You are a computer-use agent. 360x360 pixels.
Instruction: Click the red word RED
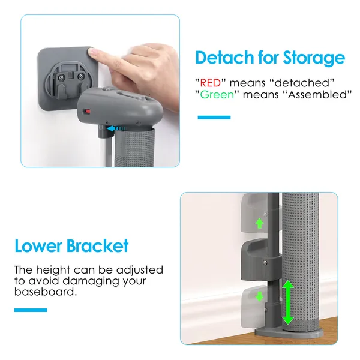(x=211, y=83)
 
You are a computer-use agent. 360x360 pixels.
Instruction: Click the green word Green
(x=217, y=95)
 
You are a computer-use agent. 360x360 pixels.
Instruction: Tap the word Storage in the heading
(x=314, y=58)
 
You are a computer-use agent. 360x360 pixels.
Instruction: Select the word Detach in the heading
(x=225, y=57)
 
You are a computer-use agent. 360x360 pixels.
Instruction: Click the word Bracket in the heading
(x=98, y=245)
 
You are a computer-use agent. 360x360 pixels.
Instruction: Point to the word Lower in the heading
(x=38, y=246)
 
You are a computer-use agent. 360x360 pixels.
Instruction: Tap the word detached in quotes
(x=302, y=83)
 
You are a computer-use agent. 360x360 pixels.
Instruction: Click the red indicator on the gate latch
(x=87, y=112)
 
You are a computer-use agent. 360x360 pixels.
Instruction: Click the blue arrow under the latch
(x=116, y=128)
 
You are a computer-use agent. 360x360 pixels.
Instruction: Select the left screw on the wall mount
(x=61, y=77)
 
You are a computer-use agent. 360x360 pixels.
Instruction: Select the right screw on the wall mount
(x=80, y=76)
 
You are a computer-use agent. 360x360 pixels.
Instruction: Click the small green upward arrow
(x=259, y=223)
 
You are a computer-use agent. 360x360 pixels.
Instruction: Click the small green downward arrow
(x=259, y=296)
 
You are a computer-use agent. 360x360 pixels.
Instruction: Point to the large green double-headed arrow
(x=288, y=302)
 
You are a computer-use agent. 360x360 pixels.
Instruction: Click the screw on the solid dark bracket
(x=265, y=262)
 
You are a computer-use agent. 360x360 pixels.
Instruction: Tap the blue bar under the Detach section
(x=214, y=118)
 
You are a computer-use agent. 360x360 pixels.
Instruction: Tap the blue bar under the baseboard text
(x=31, y=310)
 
